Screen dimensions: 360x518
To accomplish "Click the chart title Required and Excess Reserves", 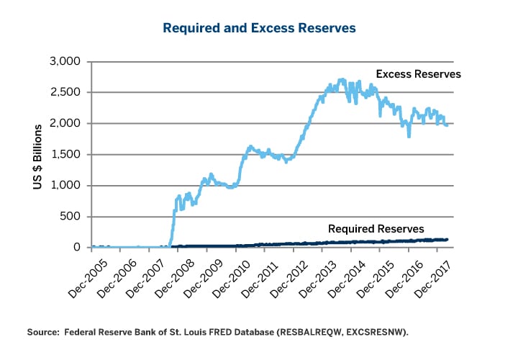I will pyautogui.click(x=259, y=28).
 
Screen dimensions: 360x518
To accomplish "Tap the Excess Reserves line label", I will pyautogui.click(x=418, y=74).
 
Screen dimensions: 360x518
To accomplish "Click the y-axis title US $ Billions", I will pyautogui.click(x=37, y=154).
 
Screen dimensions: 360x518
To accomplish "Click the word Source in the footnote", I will pyautogui.click(x=42, y=333).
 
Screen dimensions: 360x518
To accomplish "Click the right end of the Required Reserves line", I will pyautogui.click(x=447, y=239).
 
